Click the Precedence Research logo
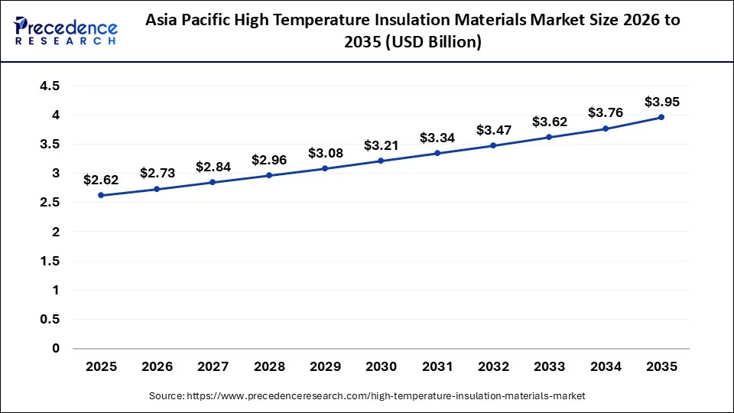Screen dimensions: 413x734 [66, 31]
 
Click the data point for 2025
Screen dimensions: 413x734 [101, 195]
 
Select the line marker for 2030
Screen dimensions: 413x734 [382, 161]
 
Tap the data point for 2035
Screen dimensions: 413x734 [661, 117]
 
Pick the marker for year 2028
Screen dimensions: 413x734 [269, 175]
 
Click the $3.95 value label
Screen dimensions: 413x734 [661, 101]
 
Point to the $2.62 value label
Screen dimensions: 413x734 [101, 180]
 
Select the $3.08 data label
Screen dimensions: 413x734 [325, 153]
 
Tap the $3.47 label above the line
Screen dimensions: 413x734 [493, 130]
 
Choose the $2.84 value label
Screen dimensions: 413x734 [213, 167]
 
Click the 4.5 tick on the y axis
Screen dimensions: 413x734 [50, 86]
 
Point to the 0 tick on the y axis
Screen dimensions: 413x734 [55, 349]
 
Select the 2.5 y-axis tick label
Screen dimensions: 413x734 [50, 203]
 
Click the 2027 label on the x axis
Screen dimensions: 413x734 [213, 367]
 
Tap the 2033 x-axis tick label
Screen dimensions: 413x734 [549, 367]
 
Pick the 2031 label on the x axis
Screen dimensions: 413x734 [437, 367]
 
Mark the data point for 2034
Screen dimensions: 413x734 [606, 128]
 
